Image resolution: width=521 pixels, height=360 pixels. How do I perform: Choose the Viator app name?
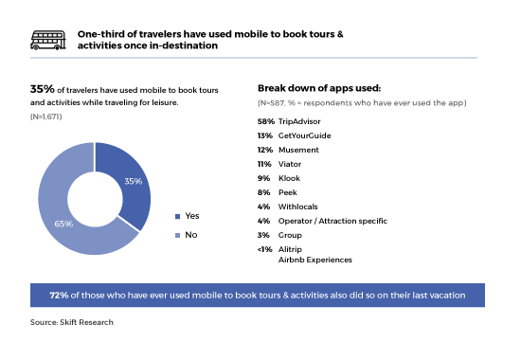coord(291,163)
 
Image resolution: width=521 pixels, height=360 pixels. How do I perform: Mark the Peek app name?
coord(289,190)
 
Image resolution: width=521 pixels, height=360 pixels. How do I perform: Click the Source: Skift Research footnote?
coord(73,323)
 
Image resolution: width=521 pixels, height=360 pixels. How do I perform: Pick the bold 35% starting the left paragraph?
coord(41,88)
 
